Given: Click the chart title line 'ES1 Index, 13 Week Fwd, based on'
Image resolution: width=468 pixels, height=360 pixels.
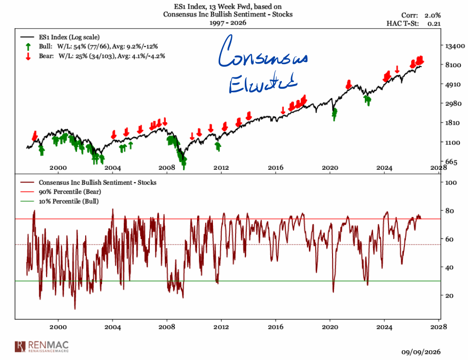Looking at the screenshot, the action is [228, 6].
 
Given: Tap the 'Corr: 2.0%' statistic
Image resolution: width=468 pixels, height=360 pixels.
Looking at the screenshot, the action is [421, 15].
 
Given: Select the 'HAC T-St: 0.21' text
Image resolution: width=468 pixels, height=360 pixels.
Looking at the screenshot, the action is [414, 23].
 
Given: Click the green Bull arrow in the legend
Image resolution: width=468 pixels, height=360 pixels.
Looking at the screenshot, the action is [28, 47].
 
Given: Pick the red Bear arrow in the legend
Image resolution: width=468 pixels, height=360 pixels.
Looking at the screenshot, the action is [28, 56].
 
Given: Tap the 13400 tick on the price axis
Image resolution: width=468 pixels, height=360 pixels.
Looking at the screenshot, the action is [455, 46].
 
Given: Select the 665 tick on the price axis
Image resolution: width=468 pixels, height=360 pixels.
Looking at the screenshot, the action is [451, 162].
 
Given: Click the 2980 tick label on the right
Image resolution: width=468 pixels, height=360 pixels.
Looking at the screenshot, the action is [453, 104].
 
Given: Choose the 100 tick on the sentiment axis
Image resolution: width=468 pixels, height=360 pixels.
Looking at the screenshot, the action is [451, 182].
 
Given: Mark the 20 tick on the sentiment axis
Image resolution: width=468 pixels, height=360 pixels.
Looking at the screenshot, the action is [449, 295].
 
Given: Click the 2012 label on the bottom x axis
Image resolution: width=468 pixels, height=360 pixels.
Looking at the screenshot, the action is [221, 327].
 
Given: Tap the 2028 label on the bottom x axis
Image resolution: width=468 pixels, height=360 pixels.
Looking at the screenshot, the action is [439, 327].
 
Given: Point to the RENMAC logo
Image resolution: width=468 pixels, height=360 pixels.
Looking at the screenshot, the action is [42, 347].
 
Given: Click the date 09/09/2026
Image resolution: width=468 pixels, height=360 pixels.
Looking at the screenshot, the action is [421, 352].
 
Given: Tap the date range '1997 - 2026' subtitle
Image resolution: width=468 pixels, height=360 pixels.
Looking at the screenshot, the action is [228, 23].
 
